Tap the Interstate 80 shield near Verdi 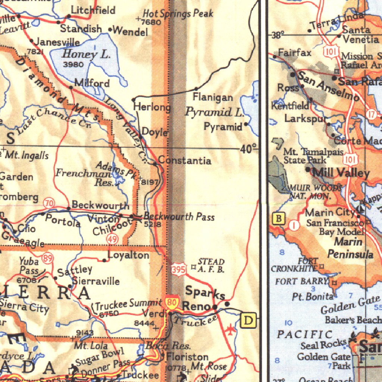coord(172,303)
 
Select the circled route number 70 coord(49,203)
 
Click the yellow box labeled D coord(249,320)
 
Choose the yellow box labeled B coord(279,218)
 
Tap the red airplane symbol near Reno coord(231,330)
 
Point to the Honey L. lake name coord(87,54)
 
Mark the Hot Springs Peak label coord(178,14)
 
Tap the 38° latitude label coord(278,35)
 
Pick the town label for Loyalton coord(128,255)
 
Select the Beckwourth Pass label coord(179,216)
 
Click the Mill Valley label coord(341,172)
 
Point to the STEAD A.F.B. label coord(211,266)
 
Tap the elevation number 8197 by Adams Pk coord(151,182)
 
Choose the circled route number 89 coord(48,257)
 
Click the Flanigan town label coord(213,98)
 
